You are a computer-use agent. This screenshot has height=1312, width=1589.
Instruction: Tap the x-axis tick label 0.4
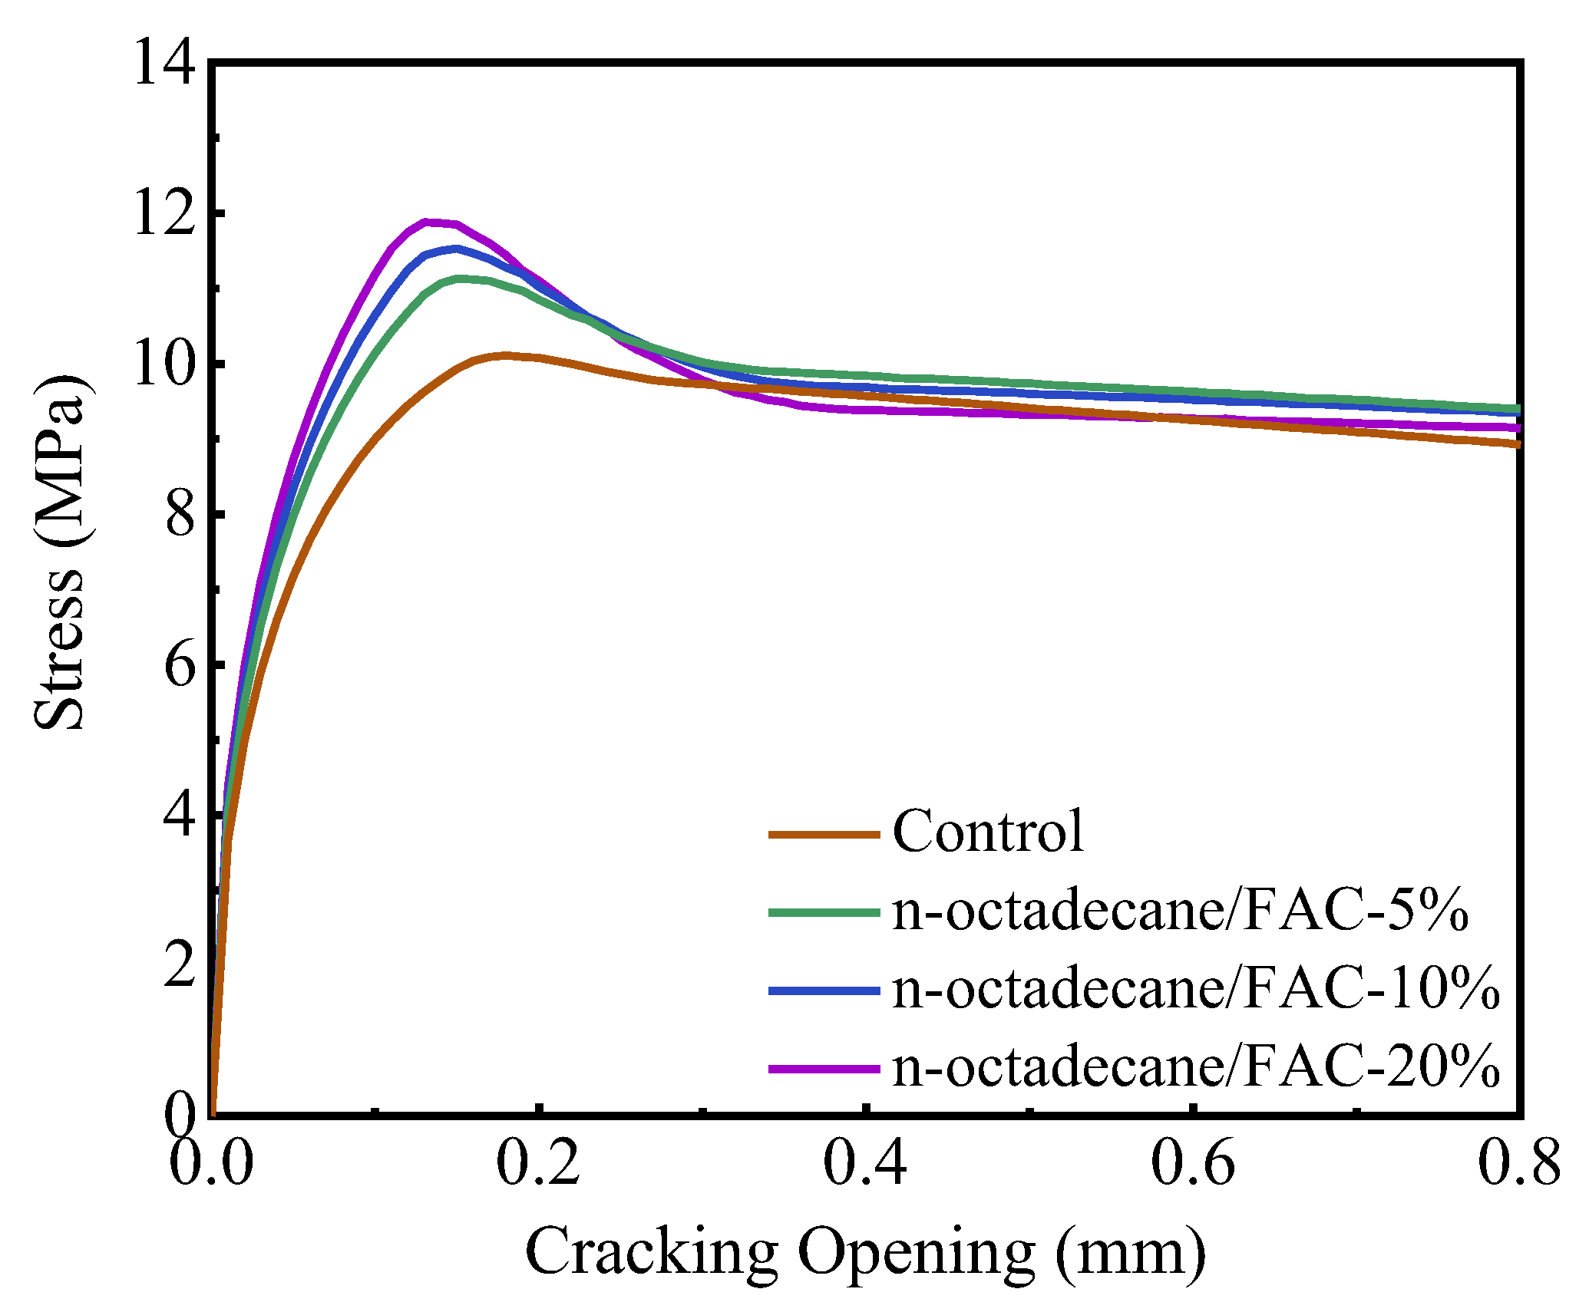[865, 1163]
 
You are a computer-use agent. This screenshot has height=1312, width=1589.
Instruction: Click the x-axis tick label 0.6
[1192, 1163]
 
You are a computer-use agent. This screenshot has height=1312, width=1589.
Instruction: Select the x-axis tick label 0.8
[1518, 1163]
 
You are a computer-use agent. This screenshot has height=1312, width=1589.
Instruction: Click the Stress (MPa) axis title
[60, 552]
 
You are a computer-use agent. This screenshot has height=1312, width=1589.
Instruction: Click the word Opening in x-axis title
[917, 1252]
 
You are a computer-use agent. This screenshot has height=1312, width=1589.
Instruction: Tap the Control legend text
[988, 832]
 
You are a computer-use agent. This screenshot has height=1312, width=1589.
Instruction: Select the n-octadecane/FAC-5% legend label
[1180, 911]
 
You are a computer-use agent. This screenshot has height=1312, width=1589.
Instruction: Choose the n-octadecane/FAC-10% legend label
[1195, 990]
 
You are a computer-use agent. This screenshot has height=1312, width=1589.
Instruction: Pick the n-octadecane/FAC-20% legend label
[1195, 1067]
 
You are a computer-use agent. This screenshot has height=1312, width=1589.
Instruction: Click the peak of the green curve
[461, 279]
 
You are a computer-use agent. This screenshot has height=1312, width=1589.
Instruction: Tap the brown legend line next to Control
[824, 834]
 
